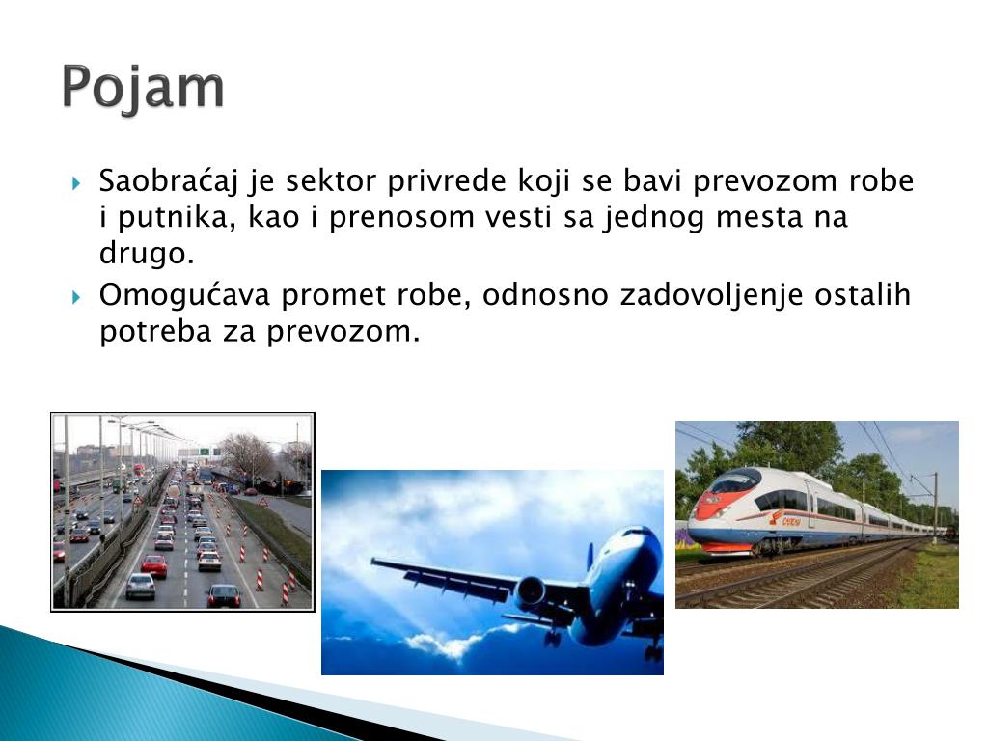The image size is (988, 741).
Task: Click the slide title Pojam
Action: (x=144, y=89)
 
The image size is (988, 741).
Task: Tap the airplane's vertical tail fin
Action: (x=590, y=560)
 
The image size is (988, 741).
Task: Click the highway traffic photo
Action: (x=182, y=511)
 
